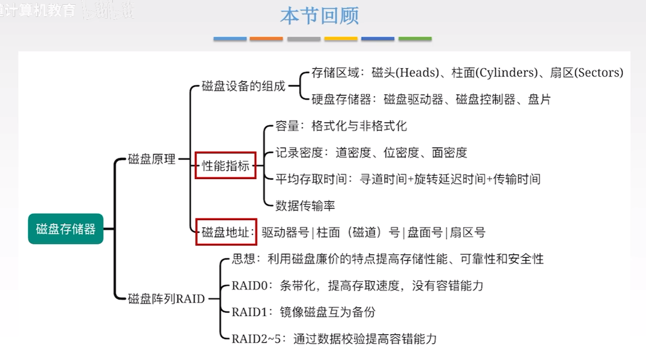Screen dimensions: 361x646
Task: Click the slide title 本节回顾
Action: [320, 17]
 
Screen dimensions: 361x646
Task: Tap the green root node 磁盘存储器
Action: [66, 229]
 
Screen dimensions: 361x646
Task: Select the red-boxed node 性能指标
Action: [226, 166]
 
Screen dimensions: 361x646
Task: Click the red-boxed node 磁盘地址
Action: [226, 232]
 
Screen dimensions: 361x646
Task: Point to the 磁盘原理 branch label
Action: [152, 159]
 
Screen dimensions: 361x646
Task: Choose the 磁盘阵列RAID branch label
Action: [166, 298]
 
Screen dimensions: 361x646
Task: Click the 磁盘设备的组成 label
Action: [243, 86]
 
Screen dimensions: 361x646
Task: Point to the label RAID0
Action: [249, 285]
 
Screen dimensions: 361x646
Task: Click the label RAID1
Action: [249, 312]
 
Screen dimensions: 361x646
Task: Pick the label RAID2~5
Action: [256, 338]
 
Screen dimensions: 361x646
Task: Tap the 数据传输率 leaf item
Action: [305, 206]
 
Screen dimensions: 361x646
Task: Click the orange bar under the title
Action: [266, 39]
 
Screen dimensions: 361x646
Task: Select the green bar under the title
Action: [415, 39]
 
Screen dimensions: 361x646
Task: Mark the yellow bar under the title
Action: [341, 39]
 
